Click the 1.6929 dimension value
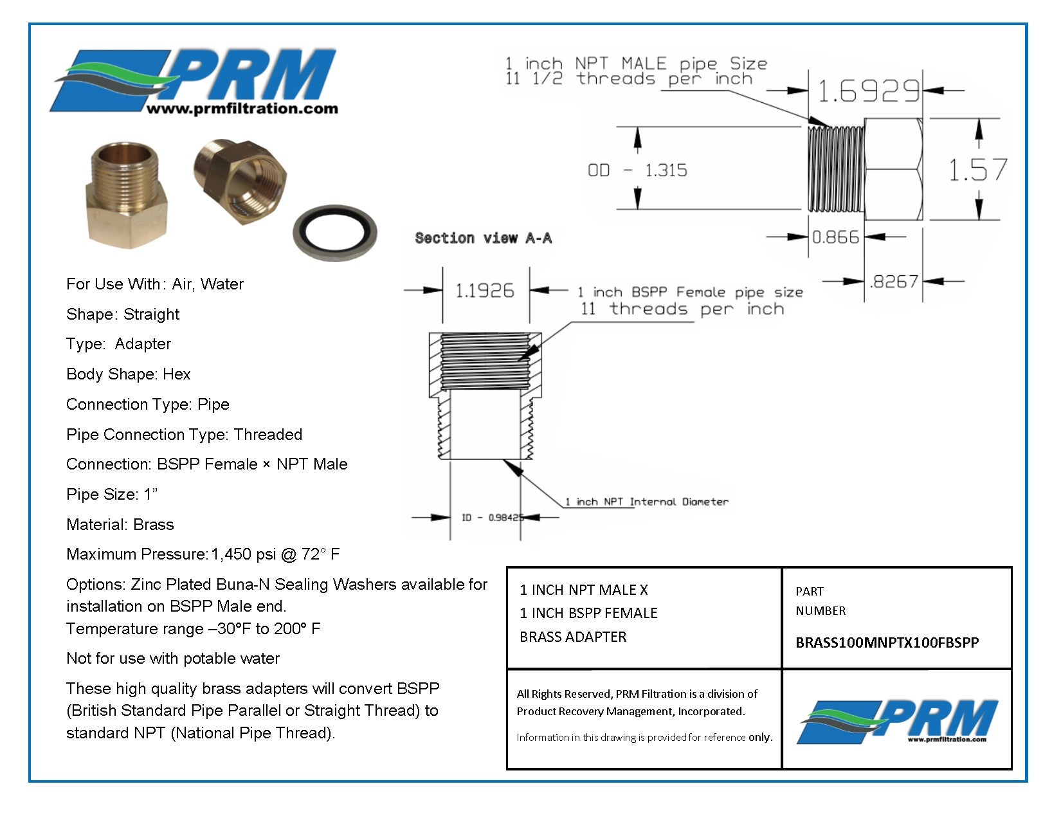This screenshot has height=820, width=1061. point(867,91)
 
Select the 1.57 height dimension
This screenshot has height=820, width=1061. point(977,170)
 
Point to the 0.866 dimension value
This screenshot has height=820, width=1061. point(835,237)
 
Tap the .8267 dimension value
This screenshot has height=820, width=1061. point(894,282)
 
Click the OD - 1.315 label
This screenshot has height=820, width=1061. point(637,170)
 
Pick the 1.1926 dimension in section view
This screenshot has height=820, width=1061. point(485,291)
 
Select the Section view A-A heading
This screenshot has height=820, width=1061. point(483,239)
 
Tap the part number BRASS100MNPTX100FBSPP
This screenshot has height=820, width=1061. point(887,642)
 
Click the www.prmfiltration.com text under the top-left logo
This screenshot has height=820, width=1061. point(242,109)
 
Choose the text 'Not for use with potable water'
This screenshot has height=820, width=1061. point(173,659)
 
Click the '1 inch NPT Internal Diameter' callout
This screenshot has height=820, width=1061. point(646,502)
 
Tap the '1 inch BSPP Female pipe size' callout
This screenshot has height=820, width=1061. point(690,293)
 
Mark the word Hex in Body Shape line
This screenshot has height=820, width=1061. point(176,374)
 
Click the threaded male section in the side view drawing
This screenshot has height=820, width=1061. point(835,169)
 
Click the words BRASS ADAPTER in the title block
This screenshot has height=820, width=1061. point(573,637)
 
